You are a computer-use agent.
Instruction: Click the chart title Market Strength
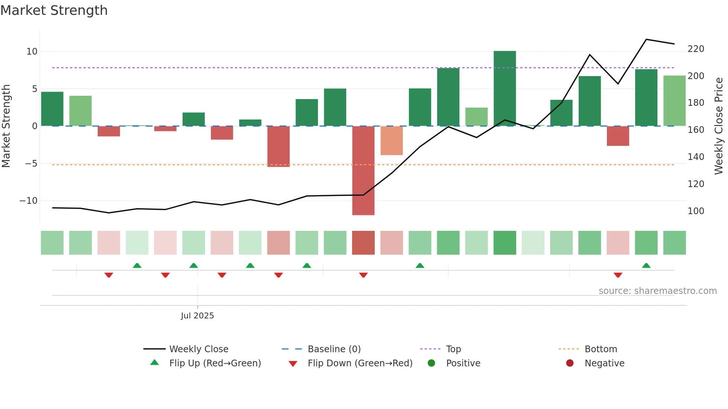(x=54, y=10)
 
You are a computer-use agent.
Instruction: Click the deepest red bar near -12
(x=363, y=170)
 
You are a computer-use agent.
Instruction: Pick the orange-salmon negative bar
(x=391, y=141)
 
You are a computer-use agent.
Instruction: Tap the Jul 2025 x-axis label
(x=197, y=316)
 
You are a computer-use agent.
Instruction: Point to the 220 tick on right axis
(x=696, y=49)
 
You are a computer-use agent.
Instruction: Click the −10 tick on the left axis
(x=29, y=201)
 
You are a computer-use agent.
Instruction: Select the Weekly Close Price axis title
(x=719, y=126)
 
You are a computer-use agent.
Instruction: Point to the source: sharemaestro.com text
(x=657, y=291)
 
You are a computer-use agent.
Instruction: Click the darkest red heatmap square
(x=363, y=243)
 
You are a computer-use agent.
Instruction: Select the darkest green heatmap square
(x=504, y=243)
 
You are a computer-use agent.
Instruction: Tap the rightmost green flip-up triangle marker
(x=646, y=266)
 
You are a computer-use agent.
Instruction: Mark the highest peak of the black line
(x=646, y=39)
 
